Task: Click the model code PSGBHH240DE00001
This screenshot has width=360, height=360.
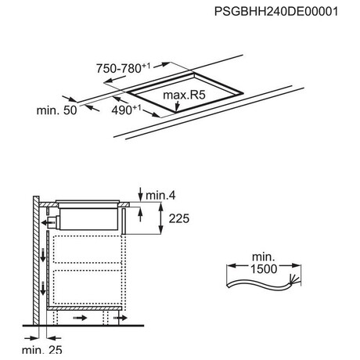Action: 276,12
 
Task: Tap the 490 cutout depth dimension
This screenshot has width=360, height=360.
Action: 126,110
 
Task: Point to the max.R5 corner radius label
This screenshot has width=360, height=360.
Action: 184,95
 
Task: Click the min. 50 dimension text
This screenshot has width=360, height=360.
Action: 56,110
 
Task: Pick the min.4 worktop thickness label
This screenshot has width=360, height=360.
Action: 160,196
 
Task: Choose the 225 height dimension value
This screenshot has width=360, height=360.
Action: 179,218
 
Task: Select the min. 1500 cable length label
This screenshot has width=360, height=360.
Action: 264,263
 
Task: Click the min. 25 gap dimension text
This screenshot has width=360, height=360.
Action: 42,350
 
